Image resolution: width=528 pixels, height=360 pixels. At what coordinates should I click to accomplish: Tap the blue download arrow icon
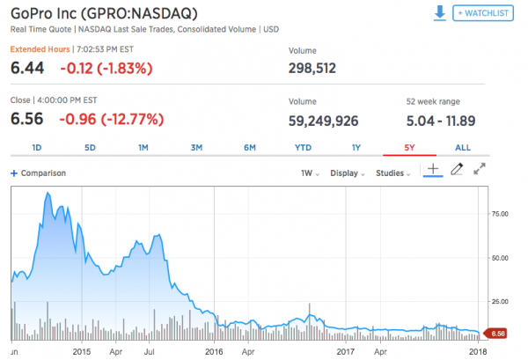(x=439, y=13)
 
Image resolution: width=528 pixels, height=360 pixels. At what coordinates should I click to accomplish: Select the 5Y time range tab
(x=407, y=147)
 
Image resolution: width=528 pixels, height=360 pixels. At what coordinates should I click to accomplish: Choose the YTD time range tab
(x=303, y=147)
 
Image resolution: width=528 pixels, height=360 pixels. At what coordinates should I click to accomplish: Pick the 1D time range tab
(x=37, y=147)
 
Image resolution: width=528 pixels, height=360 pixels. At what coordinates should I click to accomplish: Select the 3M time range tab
(x=196, y=147)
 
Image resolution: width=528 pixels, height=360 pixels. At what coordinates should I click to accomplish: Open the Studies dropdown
(x=394, y=173)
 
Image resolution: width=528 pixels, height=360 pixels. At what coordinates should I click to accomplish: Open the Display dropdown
(x=347, y=173)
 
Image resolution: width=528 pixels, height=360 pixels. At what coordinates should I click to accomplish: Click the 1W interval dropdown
(x=309, y=173)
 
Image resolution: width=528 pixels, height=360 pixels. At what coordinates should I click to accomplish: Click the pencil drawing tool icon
(x=457, y=171)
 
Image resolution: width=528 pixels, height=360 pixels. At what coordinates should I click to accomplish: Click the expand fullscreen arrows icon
(x=480, y=171)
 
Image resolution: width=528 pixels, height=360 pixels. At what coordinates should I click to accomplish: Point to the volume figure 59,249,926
(x=324, y=117)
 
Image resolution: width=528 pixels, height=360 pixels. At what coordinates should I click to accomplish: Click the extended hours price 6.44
(x=28, y=67)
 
